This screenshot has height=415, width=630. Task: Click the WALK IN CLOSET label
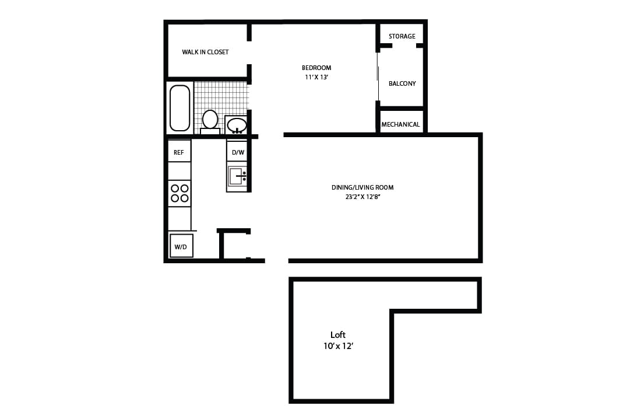pyautogui.click(x=205, y=52)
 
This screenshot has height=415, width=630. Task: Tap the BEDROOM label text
pyautogui.click(x=316, y=68)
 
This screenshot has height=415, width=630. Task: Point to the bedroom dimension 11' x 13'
pyautogui.click(x=316, y=77)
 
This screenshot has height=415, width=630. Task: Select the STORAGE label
pyautogui.click(x=402, y=36)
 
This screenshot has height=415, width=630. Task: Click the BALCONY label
pyautogui.click(x=402, y=83)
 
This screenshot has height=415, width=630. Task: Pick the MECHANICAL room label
pyautogui.click(x=400, y=124)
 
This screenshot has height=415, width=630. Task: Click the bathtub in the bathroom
pyautogui.click(x=180, y=108)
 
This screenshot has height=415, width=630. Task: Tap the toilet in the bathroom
pyautogui.click(x=210, y=120)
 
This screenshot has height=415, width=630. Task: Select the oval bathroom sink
pyautogui.click(x=237, y=125)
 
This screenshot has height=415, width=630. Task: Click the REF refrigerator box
pyautogui.click(x=179, y=152)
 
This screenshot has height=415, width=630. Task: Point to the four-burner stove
pyautogui.click(x=180, y=193)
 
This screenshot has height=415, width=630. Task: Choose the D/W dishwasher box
pyautogui.click(x=238, y=152)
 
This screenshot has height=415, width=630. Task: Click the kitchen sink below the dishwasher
pyautogui.click(x=237, y=176)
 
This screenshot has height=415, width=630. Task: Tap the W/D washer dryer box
pyautogui.click(x=181, y=246)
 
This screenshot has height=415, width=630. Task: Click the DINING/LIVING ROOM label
pyautogui.click(x=362, y=187)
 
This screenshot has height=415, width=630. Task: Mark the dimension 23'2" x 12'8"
pyautogui.click(x=362, y=197)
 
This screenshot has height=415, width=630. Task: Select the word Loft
pyautogui.click(x=338, y=335)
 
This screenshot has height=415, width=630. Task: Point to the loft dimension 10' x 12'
pyautogui.click(x=339, y=346)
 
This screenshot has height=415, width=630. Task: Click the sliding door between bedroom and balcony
pyautogui.click(x=378, y=76)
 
